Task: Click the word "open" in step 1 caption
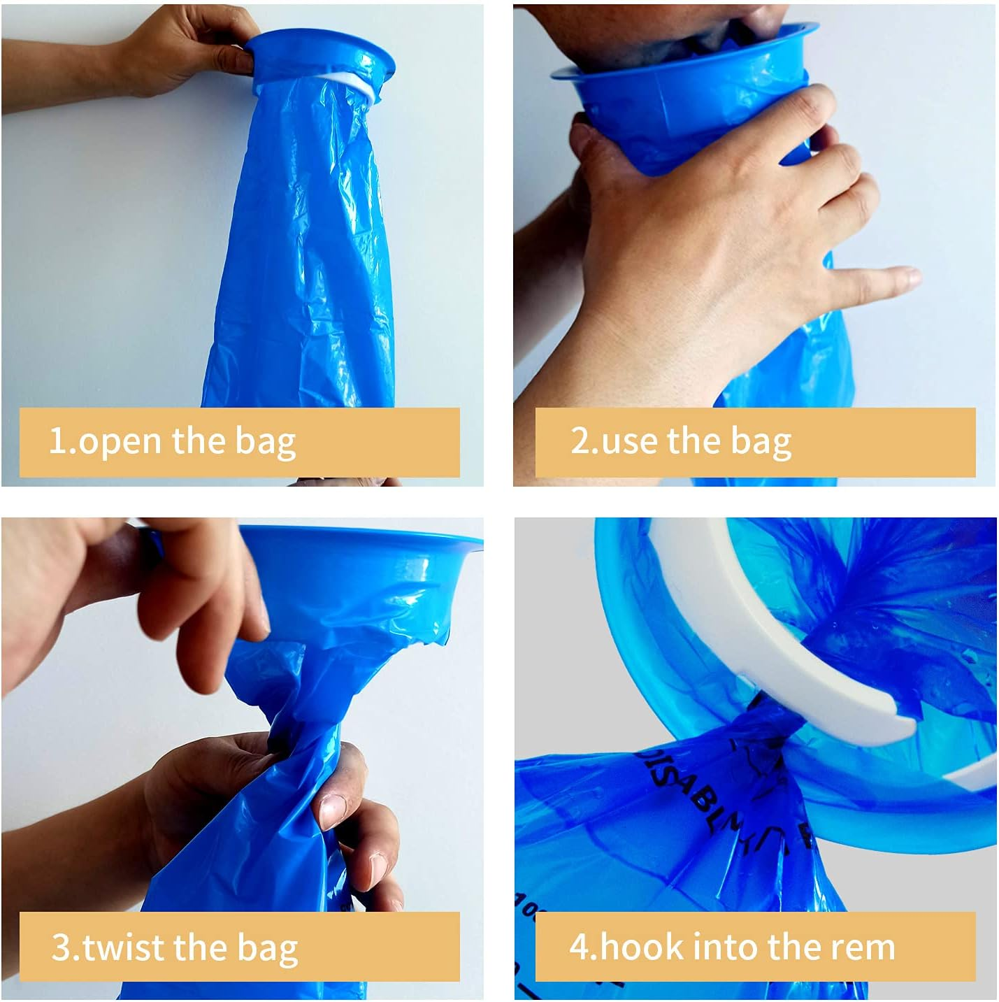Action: tap(120, 442)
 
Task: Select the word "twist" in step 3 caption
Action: tap(124, 947)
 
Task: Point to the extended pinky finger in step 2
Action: tap(888, 276)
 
